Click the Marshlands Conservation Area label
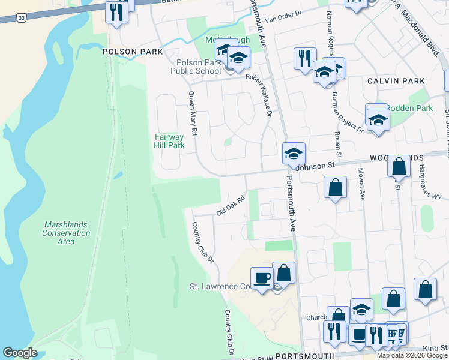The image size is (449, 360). click(x=66, y=233)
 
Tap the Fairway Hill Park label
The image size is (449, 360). click(x=169, y=141)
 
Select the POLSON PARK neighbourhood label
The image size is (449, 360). click(x=133, y=52)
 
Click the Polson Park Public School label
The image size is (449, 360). click(x=199, y=67)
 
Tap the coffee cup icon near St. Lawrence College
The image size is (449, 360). click(x=261, y=278)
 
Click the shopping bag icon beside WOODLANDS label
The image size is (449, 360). click(x=398, y=166)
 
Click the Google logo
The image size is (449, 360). click(x=20, y=353)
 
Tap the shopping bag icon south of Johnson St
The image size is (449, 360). click(x=335, y=187)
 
